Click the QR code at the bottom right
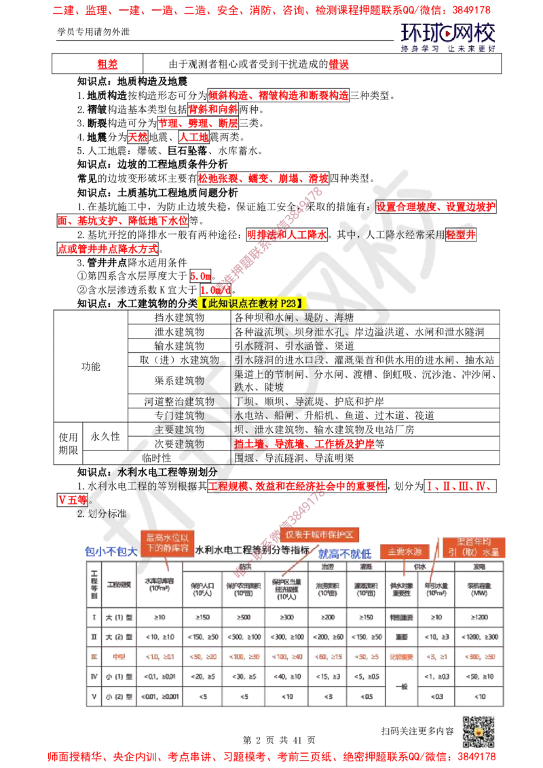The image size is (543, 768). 481,729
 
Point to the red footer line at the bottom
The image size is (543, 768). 271,755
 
